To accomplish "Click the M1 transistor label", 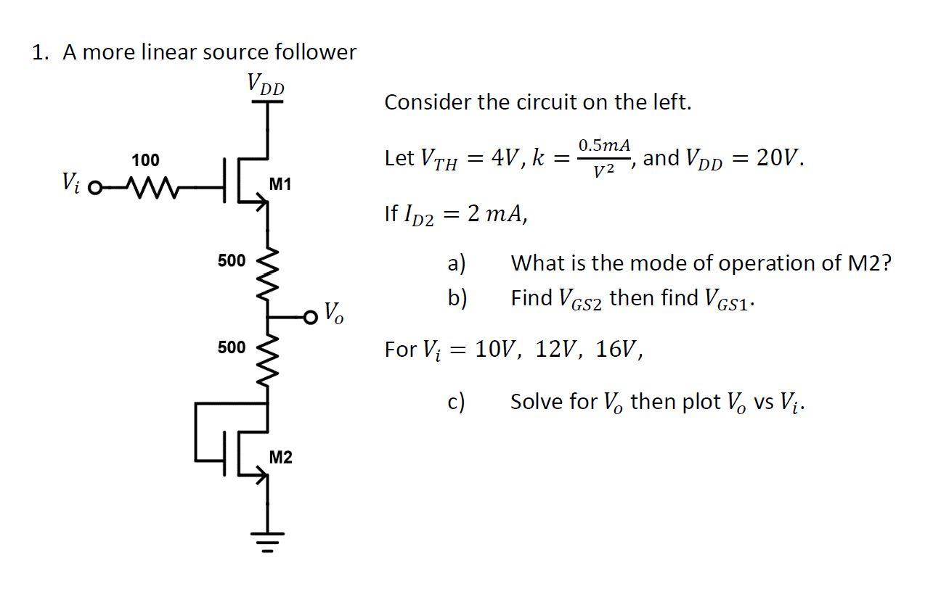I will pyautogui.click(x=280, y=184).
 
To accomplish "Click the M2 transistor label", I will pyautogui.click(x=280, y=458).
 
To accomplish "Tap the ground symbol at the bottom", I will pyautogui.click(x=269, y=540).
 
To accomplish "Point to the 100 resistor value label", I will pyautogui.click(x=146, y=160).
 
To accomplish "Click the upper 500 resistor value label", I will pyautogui.click(x=232, y=260).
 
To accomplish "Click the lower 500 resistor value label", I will pyautogui.click(x=232, y=347).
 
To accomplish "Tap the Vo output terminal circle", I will pyautogui.click(x=312, y=317).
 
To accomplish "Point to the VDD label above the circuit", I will pyautogui.click(x=266, y=84).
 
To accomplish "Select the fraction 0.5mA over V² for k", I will pyautogui.click(x=604, y=157).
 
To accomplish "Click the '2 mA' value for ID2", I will pyautogui.click(x=497, y=213).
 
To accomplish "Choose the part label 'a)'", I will pyautogui.click(x=457, y=263).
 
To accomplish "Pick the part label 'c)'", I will pyautogui.click(x=457, y=401).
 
